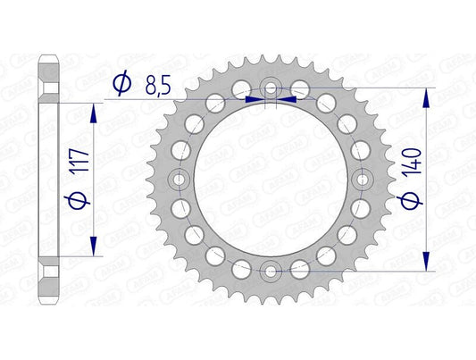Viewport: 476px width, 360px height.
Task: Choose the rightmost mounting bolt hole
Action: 362,179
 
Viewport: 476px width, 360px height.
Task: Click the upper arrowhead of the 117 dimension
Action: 94,108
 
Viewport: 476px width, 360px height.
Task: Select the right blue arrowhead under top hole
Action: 289,100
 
